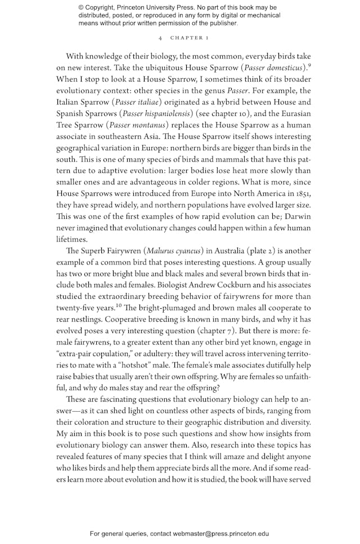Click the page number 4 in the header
coord(161,38)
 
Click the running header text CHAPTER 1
coord(190,38)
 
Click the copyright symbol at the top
coord(82,7)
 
